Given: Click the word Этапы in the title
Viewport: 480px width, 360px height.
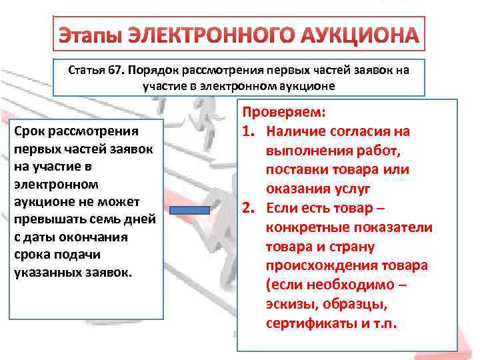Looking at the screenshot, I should (89, 35).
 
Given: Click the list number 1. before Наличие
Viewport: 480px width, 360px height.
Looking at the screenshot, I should (251, 131).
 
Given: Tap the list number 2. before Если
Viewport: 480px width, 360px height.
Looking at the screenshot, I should (251, 208).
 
